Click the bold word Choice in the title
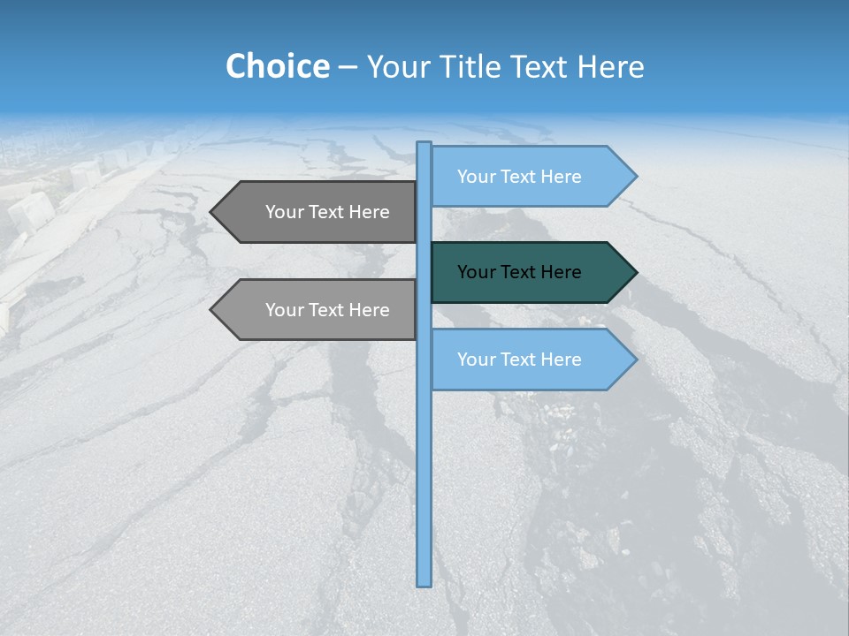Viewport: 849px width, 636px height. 277,66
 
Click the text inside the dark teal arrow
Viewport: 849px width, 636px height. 519,272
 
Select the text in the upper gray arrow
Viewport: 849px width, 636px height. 327,212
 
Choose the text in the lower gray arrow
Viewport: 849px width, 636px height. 327,310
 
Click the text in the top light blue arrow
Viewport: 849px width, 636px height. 519,177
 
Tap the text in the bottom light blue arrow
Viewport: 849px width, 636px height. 519,360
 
